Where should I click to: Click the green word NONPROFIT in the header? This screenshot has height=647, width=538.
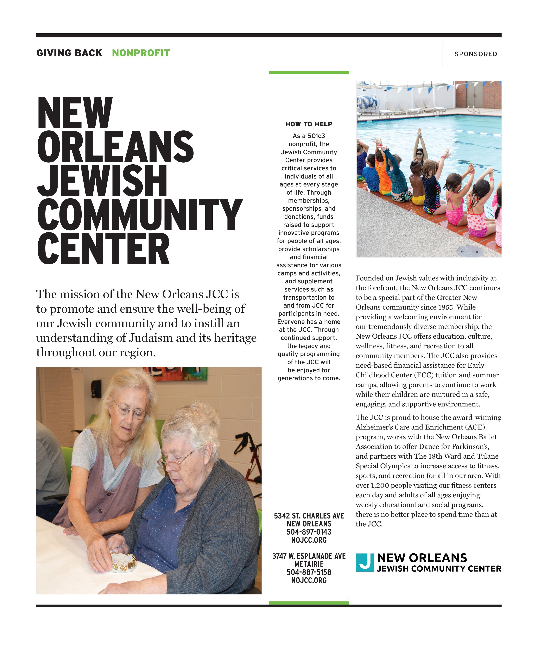tap(141, 53)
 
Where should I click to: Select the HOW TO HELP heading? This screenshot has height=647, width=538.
tap(309, 124)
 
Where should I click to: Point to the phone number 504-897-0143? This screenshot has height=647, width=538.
tap(309, 532)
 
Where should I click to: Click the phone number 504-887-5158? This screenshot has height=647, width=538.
tap(309, 572)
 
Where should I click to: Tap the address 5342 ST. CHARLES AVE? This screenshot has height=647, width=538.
tap(309, 516)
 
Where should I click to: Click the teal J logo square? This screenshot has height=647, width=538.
tap(365, 562)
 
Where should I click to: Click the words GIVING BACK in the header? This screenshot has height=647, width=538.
tap(69, 53)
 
